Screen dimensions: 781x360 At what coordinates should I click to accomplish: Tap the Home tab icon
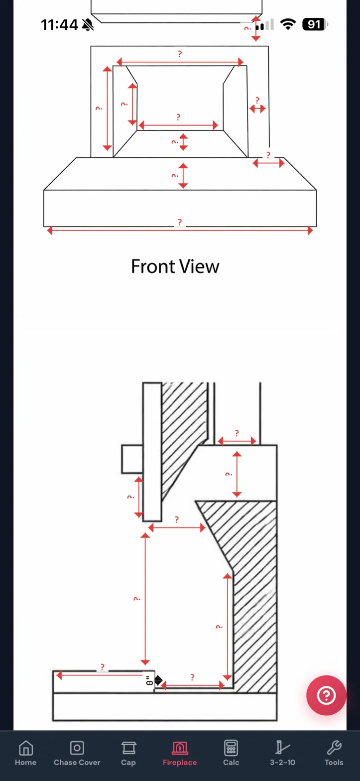pos(25,752)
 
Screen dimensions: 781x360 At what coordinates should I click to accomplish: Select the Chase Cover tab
pos(77,752)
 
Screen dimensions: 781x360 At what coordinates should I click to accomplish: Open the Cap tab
pos(128,752)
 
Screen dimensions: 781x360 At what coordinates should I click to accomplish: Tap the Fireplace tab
pos(180,752)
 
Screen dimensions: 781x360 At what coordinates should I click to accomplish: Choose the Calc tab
pos(231,752)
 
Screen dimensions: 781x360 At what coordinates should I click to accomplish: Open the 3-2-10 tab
pos(282,752)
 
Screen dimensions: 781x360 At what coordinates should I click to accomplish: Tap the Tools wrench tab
pos(334,752)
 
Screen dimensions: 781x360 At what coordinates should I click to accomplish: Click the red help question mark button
pos(326,695)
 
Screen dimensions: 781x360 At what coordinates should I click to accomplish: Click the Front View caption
pos(175,266)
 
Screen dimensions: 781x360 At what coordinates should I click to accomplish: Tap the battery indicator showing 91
pos(315,24)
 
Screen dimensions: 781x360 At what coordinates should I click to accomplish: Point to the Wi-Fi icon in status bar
pos(288,24)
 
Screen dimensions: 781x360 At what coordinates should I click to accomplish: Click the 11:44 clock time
pos(59,24)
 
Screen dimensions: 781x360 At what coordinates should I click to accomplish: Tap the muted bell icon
pos(88,24)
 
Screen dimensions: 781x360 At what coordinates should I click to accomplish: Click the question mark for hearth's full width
pos(180,223)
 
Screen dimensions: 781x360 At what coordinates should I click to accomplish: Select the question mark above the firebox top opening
pos(180,54)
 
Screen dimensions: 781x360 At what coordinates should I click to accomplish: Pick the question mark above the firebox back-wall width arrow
pos(178,118)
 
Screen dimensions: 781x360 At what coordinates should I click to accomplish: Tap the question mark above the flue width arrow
pos(237,433)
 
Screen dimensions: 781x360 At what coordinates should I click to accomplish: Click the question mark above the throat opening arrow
pos(177,520)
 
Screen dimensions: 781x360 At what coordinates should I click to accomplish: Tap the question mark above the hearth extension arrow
pos(103,667)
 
